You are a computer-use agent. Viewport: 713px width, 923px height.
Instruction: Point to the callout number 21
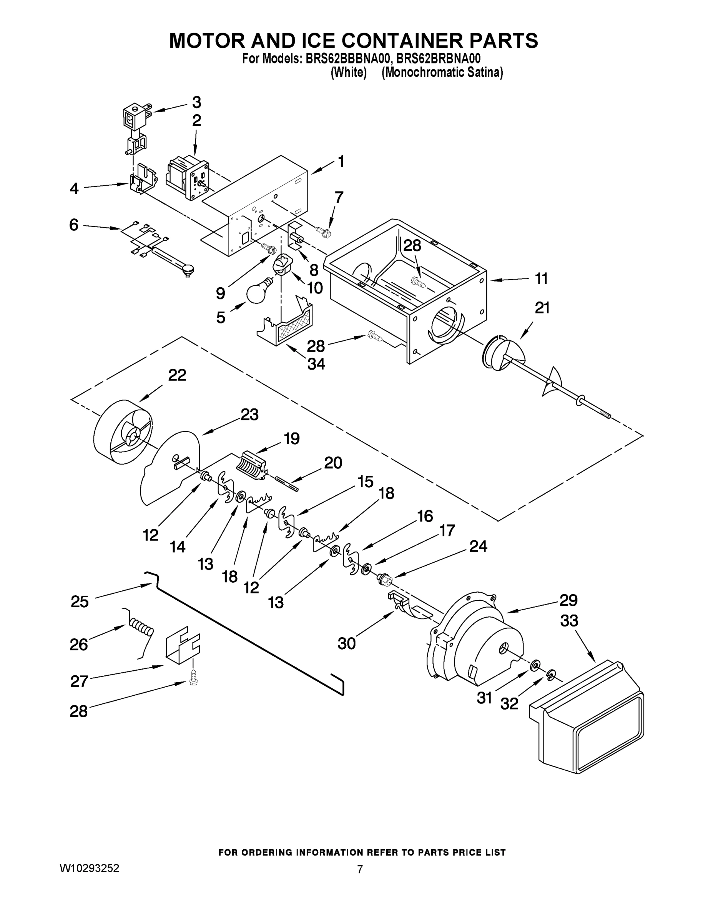pos(542,308)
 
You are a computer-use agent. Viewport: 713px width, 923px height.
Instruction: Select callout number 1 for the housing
pos(341,161)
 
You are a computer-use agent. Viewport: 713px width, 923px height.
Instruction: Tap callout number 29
pos(568,600)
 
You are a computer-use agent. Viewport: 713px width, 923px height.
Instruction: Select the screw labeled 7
pos(324,231)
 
